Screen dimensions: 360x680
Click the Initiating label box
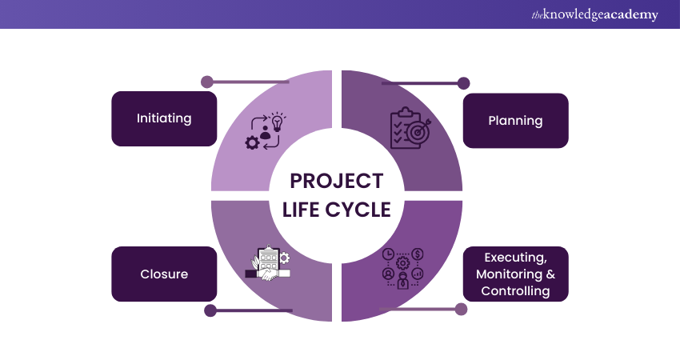point(164,118)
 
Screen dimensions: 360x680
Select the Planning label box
point(515,121)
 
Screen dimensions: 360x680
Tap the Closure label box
point(164,274)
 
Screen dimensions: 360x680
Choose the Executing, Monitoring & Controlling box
point(515,274)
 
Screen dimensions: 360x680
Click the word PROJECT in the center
point(337,182)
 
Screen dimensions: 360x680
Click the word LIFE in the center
point(303,210)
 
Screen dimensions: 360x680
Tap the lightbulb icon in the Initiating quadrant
point(278,122)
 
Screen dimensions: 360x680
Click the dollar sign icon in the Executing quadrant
point(418,254)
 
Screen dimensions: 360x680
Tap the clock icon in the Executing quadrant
point(389,254)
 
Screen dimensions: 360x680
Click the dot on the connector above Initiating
point(206,82)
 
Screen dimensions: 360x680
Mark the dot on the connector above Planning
point(462,82)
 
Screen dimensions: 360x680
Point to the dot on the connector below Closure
point(210,310)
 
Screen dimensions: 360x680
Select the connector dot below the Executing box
point(460,309)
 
